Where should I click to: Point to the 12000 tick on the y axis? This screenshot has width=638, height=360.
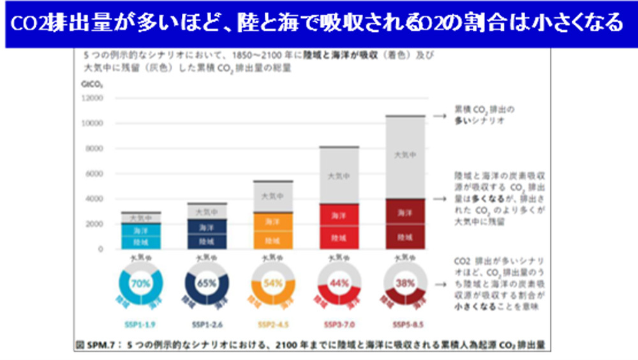93,98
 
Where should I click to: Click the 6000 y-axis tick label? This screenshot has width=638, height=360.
94,174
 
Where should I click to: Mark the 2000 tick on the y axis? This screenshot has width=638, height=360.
94,224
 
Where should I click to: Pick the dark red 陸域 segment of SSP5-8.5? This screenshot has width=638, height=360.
404,237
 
